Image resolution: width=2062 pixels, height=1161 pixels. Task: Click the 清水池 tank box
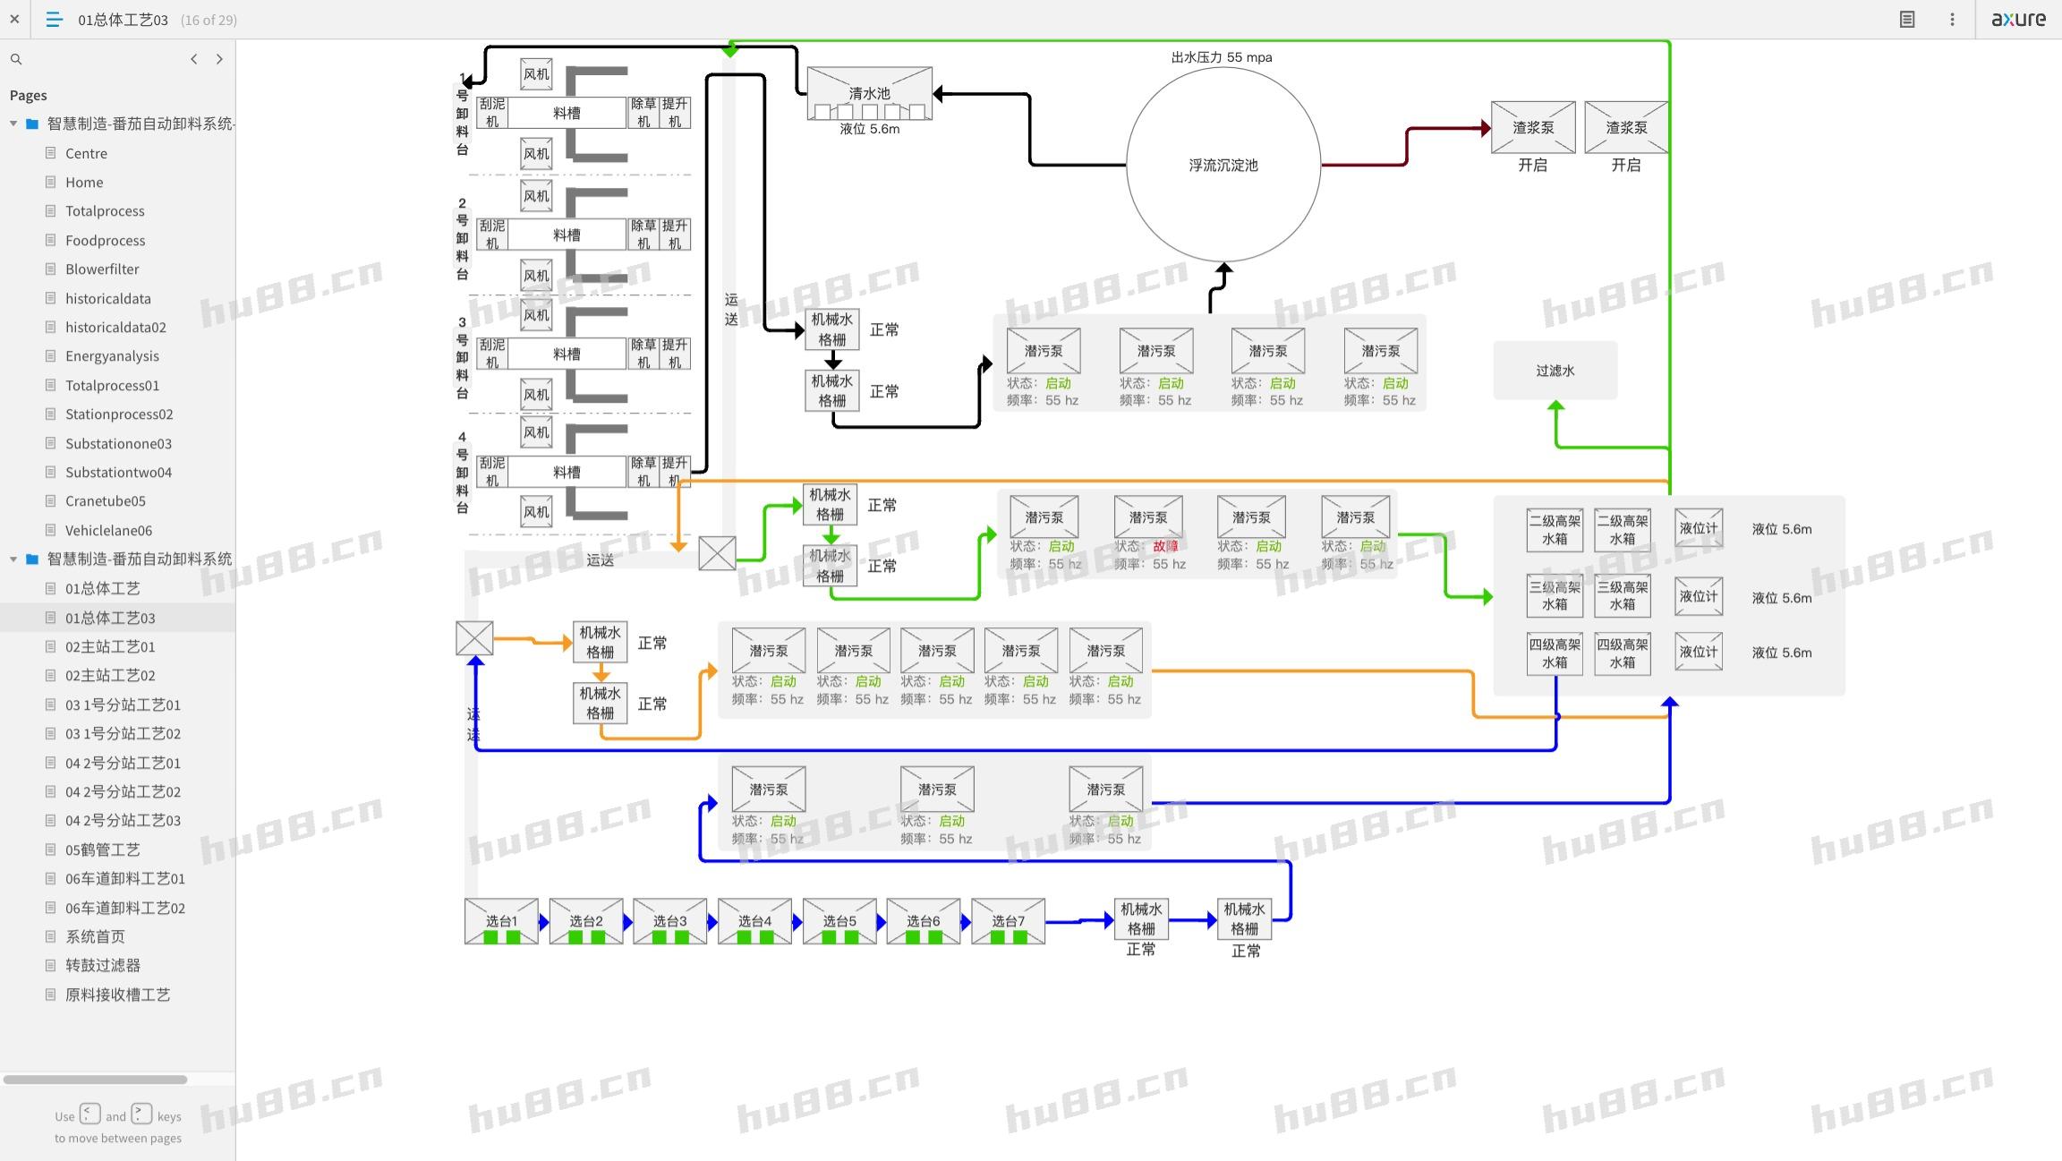(x=869, y=93)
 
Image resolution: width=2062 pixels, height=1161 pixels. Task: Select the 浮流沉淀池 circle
(x=1223, y=165)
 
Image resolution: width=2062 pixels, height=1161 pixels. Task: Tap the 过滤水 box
(x=1555, y=371)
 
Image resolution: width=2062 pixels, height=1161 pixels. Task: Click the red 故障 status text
(x=1165, y=546)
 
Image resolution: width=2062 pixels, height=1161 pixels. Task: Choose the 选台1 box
(x=501, y=921)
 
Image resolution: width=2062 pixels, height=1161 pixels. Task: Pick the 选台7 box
(x=1008, y=921)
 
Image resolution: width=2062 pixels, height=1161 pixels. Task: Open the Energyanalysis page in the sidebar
(x=112, y=356)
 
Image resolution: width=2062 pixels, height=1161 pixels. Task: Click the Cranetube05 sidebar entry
(x=105, y=501)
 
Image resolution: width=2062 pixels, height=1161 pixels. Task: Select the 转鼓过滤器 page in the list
(x=102, y=965)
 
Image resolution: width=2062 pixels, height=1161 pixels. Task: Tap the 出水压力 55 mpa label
(x=1222, y=57)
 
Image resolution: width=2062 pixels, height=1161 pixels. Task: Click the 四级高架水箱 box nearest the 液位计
(x=1622, y=653)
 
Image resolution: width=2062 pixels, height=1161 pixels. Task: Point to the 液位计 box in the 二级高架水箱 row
(x=1698, y=528)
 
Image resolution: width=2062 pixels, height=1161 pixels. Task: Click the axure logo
(x=2018, y=19)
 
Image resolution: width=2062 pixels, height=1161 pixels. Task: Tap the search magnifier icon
(x=16, y=59)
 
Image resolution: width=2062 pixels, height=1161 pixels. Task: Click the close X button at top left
(x=14, y=19)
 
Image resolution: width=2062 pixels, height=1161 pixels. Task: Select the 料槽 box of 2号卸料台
(x=567, y=235)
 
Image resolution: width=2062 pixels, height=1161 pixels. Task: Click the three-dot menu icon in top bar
(x=1952, y=19)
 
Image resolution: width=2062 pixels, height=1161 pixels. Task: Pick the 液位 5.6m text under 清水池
(x=869, y=129)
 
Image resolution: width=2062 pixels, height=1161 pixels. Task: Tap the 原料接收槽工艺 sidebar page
(x=117, y=995)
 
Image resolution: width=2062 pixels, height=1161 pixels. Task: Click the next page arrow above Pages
(x=219, y=59)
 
